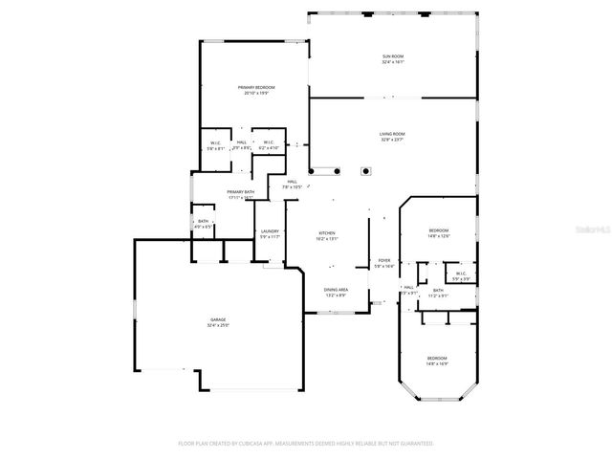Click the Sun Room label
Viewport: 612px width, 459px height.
393,56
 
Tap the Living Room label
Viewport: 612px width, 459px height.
392,134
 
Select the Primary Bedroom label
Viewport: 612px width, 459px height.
256,87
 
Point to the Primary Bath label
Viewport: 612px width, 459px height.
240,192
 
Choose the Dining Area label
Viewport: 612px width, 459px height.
335,290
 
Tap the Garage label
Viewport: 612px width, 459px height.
218,318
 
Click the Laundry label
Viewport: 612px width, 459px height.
270,230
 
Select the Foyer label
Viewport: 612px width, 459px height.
383,260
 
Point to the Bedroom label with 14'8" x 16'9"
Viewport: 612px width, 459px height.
437,358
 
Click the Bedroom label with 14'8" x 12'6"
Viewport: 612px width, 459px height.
438,230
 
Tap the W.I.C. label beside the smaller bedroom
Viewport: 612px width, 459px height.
461,273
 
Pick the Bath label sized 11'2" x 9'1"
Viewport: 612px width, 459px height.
438,291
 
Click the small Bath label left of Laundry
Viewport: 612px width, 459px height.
203,221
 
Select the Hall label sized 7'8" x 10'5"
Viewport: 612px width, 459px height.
292,182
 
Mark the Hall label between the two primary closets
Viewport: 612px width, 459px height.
242,142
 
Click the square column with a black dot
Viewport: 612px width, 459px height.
364,172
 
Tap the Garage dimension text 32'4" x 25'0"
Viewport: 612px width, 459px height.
218,325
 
